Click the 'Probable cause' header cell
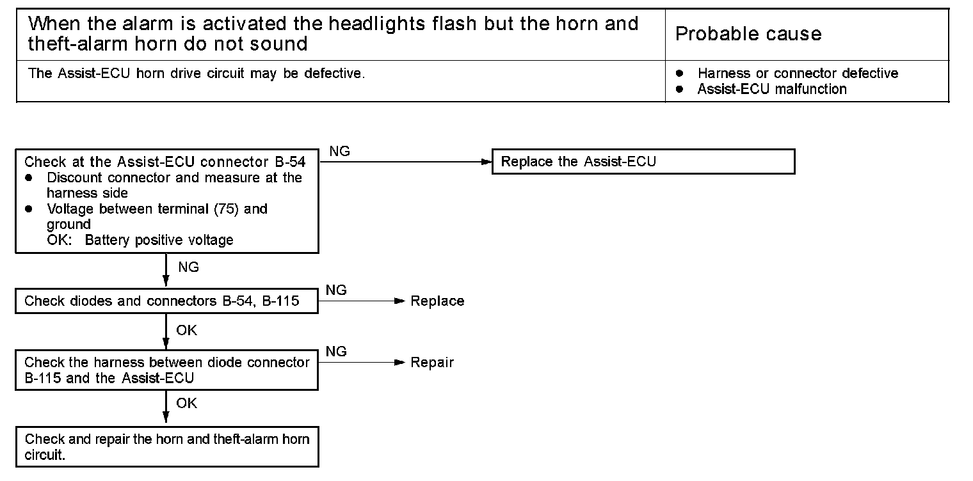(748, 34)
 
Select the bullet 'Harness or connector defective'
(798, 74)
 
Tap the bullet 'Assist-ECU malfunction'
(771, 90)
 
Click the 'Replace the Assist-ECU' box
(643, 162)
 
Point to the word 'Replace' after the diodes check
(437, 301)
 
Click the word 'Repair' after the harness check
(432, 363)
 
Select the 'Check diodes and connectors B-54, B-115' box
(166, 301)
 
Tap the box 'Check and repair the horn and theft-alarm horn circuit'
(166, 447)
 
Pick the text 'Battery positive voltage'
(159, 240)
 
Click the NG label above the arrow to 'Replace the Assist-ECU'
(339, 152)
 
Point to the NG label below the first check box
(188, 267)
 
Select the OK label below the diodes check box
(187, 330)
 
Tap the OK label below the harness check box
(187, 403)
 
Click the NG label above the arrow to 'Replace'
(336, 290)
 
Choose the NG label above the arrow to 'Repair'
(336, 352)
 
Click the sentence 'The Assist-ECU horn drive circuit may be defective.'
(197, 74)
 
